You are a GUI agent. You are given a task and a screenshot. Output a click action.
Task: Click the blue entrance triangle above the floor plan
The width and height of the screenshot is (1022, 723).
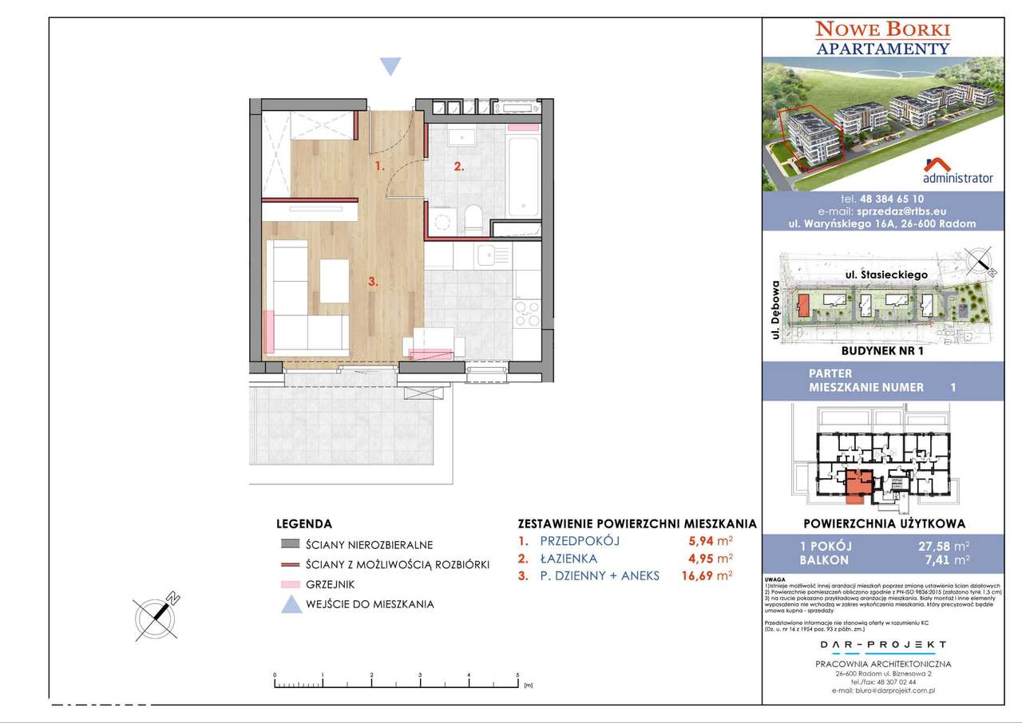(x=389, y=66)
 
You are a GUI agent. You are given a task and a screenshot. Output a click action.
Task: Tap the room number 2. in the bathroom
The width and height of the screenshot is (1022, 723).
(x=458, y=167)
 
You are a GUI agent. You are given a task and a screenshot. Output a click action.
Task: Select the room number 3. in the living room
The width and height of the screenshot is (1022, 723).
(x=372, y=281)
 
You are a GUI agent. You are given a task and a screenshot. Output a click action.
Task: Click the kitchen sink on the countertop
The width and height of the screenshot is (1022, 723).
(x=486, y=256)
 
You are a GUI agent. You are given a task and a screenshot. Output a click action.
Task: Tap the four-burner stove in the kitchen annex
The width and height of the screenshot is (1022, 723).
(x=528, y=313)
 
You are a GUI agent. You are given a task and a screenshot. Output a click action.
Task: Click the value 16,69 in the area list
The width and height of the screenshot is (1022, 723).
(x=699, y=574)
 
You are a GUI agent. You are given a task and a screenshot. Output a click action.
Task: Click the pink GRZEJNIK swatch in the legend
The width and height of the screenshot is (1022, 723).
(x=290, y=584)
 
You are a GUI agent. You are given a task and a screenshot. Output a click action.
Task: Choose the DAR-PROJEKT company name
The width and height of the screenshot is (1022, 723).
(x=882, y=645)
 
